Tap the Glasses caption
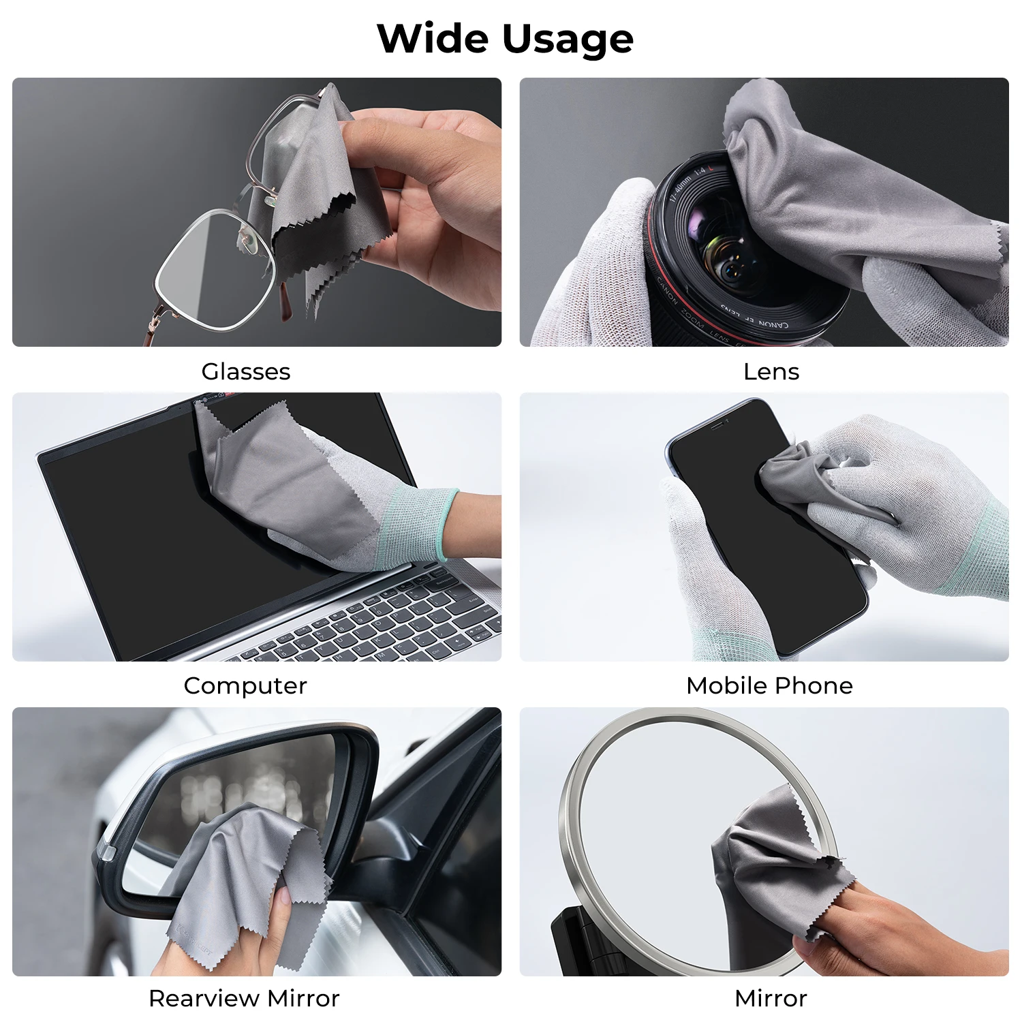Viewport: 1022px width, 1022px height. pyautogui.click(x=245, y=371)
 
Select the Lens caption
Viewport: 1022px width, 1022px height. pyautogui.click(x=771, y=371)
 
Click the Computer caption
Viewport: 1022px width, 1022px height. pyautogui.click(x=245, y=685)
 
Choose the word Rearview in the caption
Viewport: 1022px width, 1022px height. pyautogui.click(x=204, y=998)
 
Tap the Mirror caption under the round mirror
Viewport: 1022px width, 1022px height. pyautogui.click(x=771, y=998)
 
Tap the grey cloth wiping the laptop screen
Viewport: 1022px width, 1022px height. pyautogui.click(x=286, y=477)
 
